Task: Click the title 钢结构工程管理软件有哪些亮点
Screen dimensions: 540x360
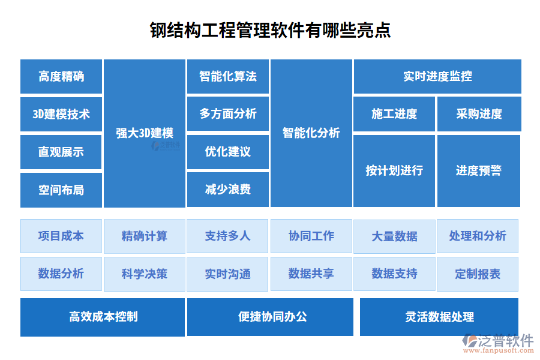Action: click(271, 31)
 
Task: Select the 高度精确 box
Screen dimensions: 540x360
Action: click(61, 76)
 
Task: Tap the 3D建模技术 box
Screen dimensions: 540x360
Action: click(61, 114)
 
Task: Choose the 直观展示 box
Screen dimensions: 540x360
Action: click(61, 152)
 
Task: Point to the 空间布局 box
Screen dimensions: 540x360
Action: click(61, 190)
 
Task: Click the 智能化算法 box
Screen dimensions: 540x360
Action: click(228, 76)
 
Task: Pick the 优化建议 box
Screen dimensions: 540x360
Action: click(228, 152)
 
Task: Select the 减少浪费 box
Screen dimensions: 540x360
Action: click(228, 190)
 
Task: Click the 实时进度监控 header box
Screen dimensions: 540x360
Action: click(438, 76)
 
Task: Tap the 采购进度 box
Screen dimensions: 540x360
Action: click(479, 114)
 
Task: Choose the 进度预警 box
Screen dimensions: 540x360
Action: click(479, 171)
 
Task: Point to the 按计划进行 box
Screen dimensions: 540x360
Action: click(394, 171)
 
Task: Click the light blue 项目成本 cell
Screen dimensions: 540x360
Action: click(61, 236)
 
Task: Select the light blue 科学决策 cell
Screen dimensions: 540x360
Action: click(145, 274)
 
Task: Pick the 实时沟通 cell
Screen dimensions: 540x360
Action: click(227, 274)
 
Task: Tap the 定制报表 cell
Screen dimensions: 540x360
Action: click(478, 274)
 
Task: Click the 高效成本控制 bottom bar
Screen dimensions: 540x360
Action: click(103, 317)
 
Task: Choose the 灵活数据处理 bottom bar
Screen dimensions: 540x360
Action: click(439, 317)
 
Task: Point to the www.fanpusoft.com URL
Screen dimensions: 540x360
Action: click(499, 350)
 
